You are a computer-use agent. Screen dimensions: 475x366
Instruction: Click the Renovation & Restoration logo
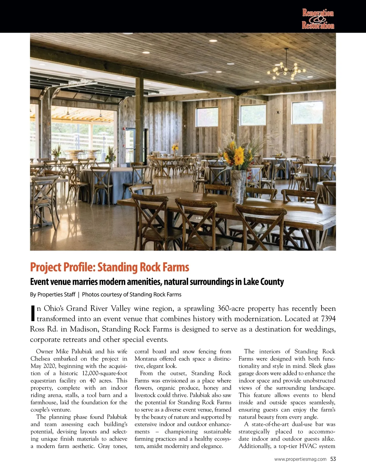[318, 19]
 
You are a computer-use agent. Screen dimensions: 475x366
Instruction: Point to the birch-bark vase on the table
[238, 186]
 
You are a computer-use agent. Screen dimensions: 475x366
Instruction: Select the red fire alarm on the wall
[124, 129]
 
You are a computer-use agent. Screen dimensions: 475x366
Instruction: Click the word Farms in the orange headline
[176, 267]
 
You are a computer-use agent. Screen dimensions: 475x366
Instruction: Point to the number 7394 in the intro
[328, 319]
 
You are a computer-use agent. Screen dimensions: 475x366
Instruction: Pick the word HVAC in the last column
[308, 446]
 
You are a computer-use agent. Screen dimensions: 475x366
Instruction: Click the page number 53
[333, 459]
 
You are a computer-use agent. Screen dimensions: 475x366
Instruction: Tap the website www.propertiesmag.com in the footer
[300, 459]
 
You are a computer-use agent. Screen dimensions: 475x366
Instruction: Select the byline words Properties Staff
[56, 295]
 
